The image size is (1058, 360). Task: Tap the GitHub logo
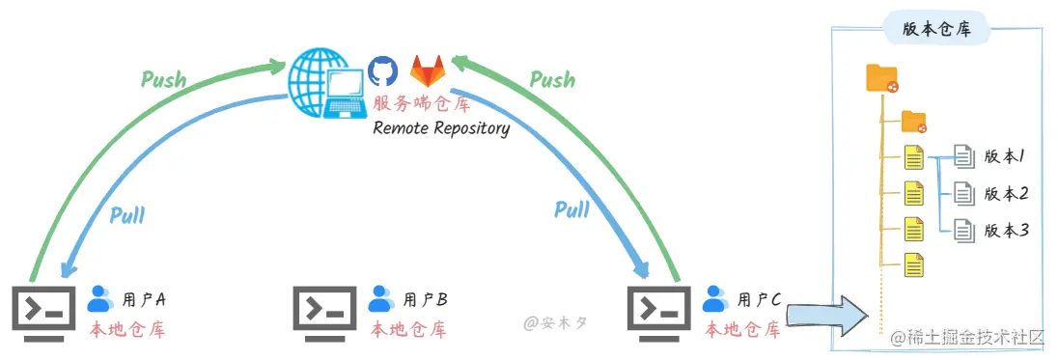click(381, 70)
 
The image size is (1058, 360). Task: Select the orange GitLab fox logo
click(428, 70)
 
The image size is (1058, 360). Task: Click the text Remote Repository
click(441, 128)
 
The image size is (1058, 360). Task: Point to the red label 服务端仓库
click(421, 104)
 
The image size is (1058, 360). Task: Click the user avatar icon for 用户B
click(381, 298)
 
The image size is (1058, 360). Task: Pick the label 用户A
click(144, 298)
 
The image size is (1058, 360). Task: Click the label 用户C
click(759, 298)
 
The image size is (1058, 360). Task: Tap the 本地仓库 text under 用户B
click(408, 330)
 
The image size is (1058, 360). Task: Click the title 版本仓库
click(935, 30)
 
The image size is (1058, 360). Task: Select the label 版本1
click(1005, 157)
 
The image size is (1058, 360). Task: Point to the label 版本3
click(1006, 231)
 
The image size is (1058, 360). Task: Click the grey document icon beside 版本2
click(964, 194)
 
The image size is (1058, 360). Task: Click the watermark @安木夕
click(555, 323)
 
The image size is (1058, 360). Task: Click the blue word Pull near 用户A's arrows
click(126, 216)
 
